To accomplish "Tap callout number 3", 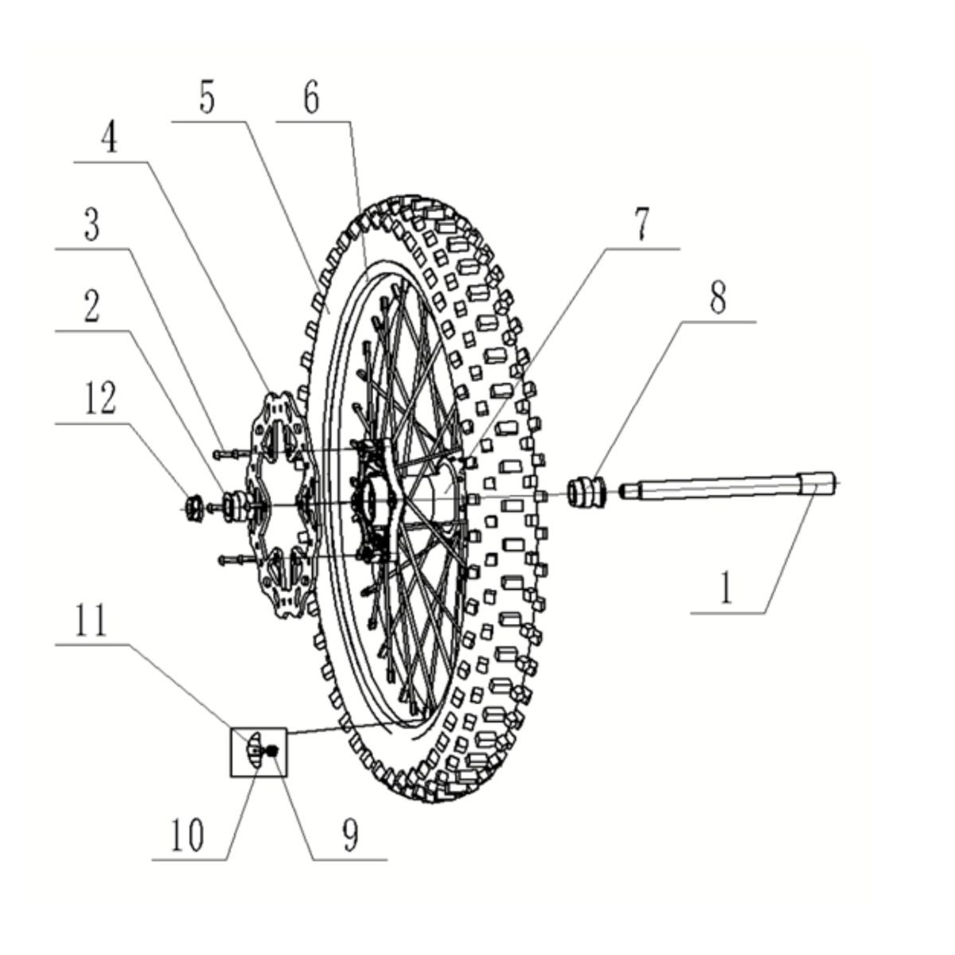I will [92, 225].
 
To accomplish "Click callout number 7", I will [641, 226].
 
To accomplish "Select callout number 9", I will [350, 836].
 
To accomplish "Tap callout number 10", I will [186, 836].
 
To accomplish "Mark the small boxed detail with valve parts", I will [259, 751].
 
